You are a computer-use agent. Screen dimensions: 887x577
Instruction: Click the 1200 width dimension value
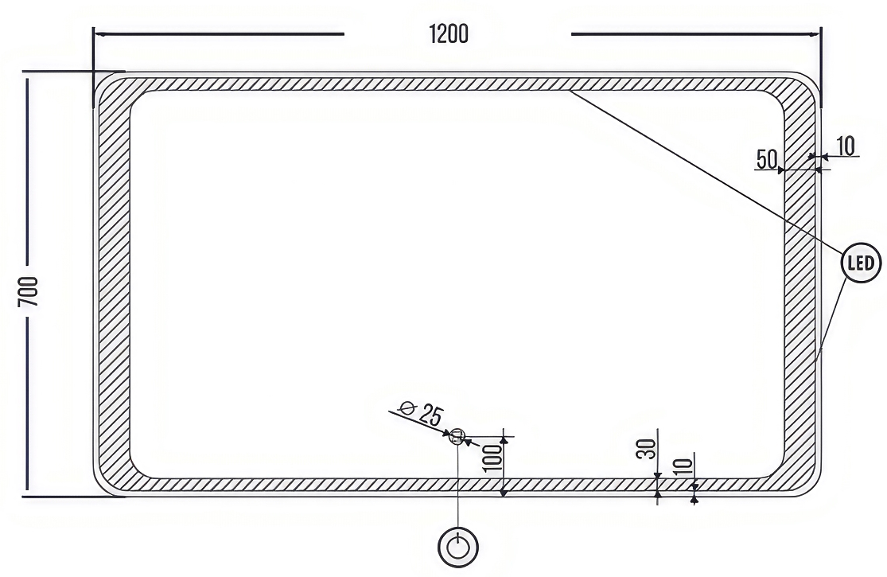[x=449, y=34]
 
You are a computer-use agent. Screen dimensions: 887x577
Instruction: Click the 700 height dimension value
[x=29, y=292]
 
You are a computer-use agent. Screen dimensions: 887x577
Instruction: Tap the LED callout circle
[x=862, y=263]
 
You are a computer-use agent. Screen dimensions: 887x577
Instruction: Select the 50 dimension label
[x=767, y=159]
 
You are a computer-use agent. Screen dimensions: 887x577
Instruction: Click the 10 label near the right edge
[x=845, y=146]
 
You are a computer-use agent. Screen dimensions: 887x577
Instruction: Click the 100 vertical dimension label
[x=493, y=458]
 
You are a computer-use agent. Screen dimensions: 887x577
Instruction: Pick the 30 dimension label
[x=649, y=449]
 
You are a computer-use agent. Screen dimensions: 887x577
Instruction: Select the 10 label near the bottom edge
[x=683, y=466]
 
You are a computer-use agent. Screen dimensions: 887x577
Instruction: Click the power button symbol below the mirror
[x=458, y=548]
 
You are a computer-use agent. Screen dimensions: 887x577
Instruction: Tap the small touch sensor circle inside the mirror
[x=457, y=437]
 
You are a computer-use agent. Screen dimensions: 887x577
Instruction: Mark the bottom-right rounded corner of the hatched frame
[x=799, y=474]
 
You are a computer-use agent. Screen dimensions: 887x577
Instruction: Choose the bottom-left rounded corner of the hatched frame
[x=116, y=474]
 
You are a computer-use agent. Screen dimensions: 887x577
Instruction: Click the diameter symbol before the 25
[x=407, y=407]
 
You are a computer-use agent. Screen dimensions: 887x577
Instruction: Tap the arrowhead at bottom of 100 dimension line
[x=504, y=493]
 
